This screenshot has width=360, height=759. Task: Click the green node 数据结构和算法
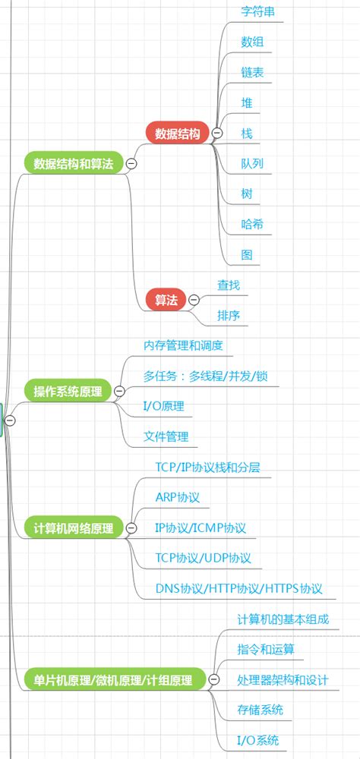coord(73,163)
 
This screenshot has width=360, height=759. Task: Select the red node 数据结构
coord(177,134)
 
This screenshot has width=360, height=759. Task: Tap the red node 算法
coord(166,301)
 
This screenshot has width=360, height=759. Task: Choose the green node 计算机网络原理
coord(73,528)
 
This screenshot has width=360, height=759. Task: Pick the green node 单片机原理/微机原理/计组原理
coord(114,679)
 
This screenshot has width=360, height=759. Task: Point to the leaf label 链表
coord(252,73)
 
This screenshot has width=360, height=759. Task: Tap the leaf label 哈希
coord(252,225)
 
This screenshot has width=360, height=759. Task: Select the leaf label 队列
coord(252,164)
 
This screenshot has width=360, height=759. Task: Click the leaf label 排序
coord(229,316)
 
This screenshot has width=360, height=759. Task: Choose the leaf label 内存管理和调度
coord(183,345)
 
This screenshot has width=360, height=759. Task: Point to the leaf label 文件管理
coord(166,436)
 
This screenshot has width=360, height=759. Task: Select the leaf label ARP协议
coord(177,497)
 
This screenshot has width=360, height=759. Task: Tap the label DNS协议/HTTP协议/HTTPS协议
coord(239,588)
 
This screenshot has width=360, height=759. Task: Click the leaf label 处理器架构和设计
coord(283,679)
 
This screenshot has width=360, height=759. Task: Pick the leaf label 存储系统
coord(260,710)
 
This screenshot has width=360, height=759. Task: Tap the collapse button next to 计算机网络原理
coord(131,528)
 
